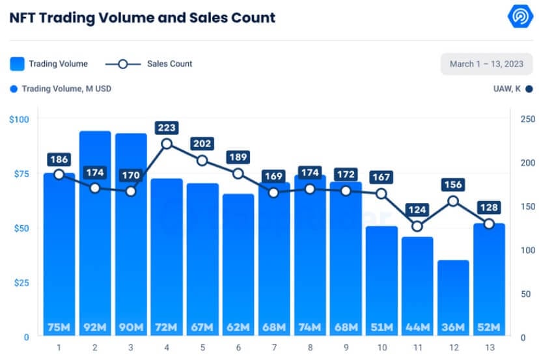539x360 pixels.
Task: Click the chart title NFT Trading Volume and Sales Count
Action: [143, 18]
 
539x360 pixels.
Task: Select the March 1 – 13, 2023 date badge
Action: [486, 64]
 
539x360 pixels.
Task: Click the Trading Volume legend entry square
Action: [18, 64]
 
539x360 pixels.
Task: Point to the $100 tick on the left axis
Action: [20, 119]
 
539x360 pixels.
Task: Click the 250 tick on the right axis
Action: [527, 119]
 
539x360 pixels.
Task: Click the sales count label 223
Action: [167, 128]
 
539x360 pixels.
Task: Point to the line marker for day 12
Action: [453, 201]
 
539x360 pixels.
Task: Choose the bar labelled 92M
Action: [95, 234]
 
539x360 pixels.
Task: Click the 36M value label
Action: [453, 326]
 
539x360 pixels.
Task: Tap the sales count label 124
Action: [417, 210]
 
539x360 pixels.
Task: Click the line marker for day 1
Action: [59, 174]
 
